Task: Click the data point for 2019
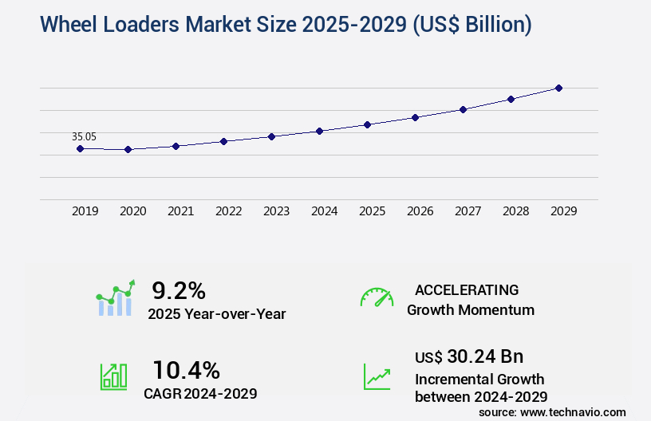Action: (x=80, y=148)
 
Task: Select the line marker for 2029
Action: (x=558, y=88)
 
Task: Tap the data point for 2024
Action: (x=319, y=131)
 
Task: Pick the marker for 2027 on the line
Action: (x=463, y=109)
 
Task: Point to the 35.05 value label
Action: (x=84, y=136)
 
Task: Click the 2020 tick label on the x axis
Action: (x=132, y=211)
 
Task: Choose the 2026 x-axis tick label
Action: (x=420, y=211)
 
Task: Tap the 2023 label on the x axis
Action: (x=276, y=211)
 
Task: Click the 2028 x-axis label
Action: (x=515, y=211)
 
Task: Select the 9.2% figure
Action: (x=179, y=290)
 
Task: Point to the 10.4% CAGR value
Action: (x=186, y=370)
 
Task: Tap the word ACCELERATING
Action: (x=467, y=289)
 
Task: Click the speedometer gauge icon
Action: (x=377, y=297)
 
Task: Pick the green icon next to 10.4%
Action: (x=113, y=376)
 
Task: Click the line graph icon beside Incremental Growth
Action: (x=377, y=376)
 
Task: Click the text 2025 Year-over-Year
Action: (x=216, y=314)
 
